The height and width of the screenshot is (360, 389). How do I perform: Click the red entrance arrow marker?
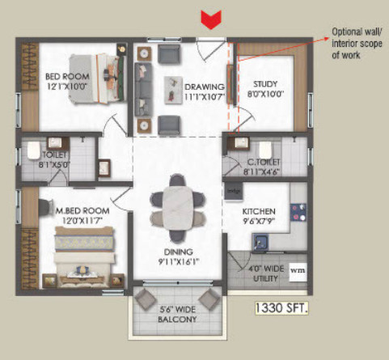[x=211, y=19]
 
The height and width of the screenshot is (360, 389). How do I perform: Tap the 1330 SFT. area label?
[x=281, y=308]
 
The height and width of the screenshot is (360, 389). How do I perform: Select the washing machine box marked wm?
[x=298, y=272]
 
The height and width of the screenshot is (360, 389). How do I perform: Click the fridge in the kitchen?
[x=234, y=191]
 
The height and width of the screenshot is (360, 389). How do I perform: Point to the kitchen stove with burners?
[x=298, y=213]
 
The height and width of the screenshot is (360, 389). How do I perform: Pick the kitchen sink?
[x=260, y=242]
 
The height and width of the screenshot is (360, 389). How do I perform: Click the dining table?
[x=177, y=208]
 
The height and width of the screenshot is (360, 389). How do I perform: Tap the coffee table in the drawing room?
[x=173, y=90]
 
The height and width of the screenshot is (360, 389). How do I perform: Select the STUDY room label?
[x=265, y=84]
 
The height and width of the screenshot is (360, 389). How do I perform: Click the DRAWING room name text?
[x=205, y=87]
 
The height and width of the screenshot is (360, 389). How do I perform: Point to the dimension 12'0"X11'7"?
[x=82, y=221]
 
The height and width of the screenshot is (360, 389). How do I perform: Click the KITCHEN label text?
[x=259, y=211]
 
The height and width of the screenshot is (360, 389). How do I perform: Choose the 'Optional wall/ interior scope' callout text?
[x=357, y=44]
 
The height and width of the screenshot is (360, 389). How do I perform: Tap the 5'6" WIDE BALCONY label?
[x=177, y=314]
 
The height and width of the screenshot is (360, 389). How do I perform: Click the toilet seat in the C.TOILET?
[x=265, y=150]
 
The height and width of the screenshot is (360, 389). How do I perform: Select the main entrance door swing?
[x=210, y=51]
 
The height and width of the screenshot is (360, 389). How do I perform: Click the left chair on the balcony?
[x=146, y=299]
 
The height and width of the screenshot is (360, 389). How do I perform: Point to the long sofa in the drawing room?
[x=143, y=90]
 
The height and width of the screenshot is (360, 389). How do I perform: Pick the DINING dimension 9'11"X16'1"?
[x=179, y=262]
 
